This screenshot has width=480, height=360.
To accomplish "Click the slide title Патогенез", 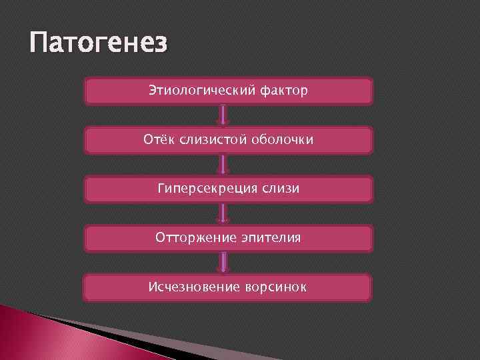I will [x=99, y=46].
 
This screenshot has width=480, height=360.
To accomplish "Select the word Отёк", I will [x=157, y=139].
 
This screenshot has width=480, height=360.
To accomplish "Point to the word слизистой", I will [x=208, y=139].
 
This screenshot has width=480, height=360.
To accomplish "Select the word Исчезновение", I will [x=189, y=287].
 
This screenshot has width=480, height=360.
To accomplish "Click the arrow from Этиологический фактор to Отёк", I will [x=225, y=115].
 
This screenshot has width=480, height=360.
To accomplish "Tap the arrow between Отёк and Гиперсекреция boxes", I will [x=225, y=165].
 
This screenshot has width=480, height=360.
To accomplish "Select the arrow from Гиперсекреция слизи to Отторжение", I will [x=225, y=213].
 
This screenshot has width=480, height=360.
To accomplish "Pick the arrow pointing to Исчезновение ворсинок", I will [x=225, y=263].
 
